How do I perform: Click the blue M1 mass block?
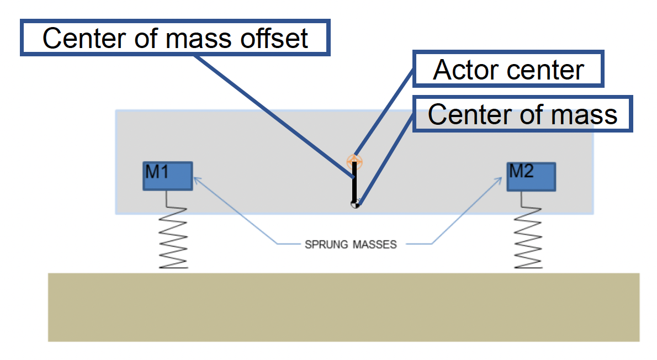click(168, 177)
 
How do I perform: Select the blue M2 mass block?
click(531, 177)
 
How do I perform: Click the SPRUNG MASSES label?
click(351, 245)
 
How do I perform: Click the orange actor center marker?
click(354, 161)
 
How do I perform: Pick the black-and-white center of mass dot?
click(355, 204)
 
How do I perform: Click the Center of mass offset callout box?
click(175, 38)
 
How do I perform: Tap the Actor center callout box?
click(508, 70)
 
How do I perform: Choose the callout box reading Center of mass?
click(522, 115)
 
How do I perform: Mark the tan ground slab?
click(343, 307)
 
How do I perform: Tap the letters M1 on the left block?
click(157, 172)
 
